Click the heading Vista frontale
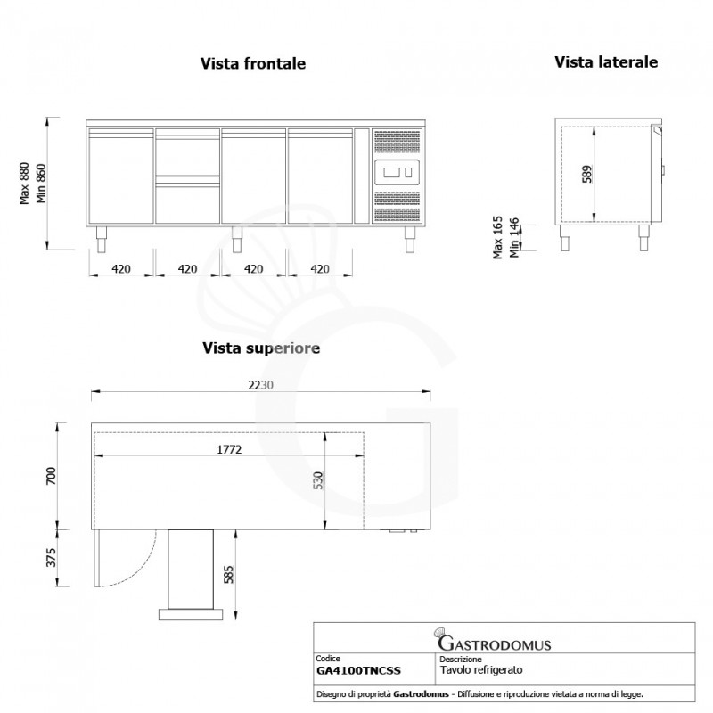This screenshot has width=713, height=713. point(253,64)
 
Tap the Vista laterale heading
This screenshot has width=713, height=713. point(606,62)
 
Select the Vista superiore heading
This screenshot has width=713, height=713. point(260,348)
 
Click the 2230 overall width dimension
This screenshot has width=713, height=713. point(260,385)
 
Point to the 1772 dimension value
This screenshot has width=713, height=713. point(230,450)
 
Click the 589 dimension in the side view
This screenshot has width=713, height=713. point(586,174)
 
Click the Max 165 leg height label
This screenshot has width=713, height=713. point(498,239)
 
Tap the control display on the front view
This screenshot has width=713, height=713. point(394,171)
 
